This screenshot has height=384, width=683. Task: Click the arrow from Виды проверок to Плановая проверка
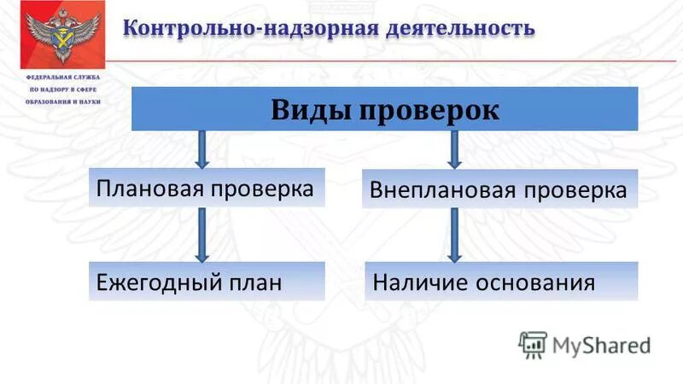point(201,149)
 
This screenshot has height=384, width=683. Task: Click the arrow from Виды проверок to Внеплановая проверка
point(454,149)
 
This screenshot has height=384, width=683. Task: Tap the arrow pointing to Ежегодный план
point(201,234)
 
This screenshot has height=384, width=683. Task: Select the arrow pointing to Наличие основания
point(454,234)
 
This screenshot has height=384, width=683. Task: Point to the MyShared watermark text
point(601,345)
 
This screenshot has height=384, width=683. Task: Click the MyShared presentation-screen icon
point(533,344)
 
